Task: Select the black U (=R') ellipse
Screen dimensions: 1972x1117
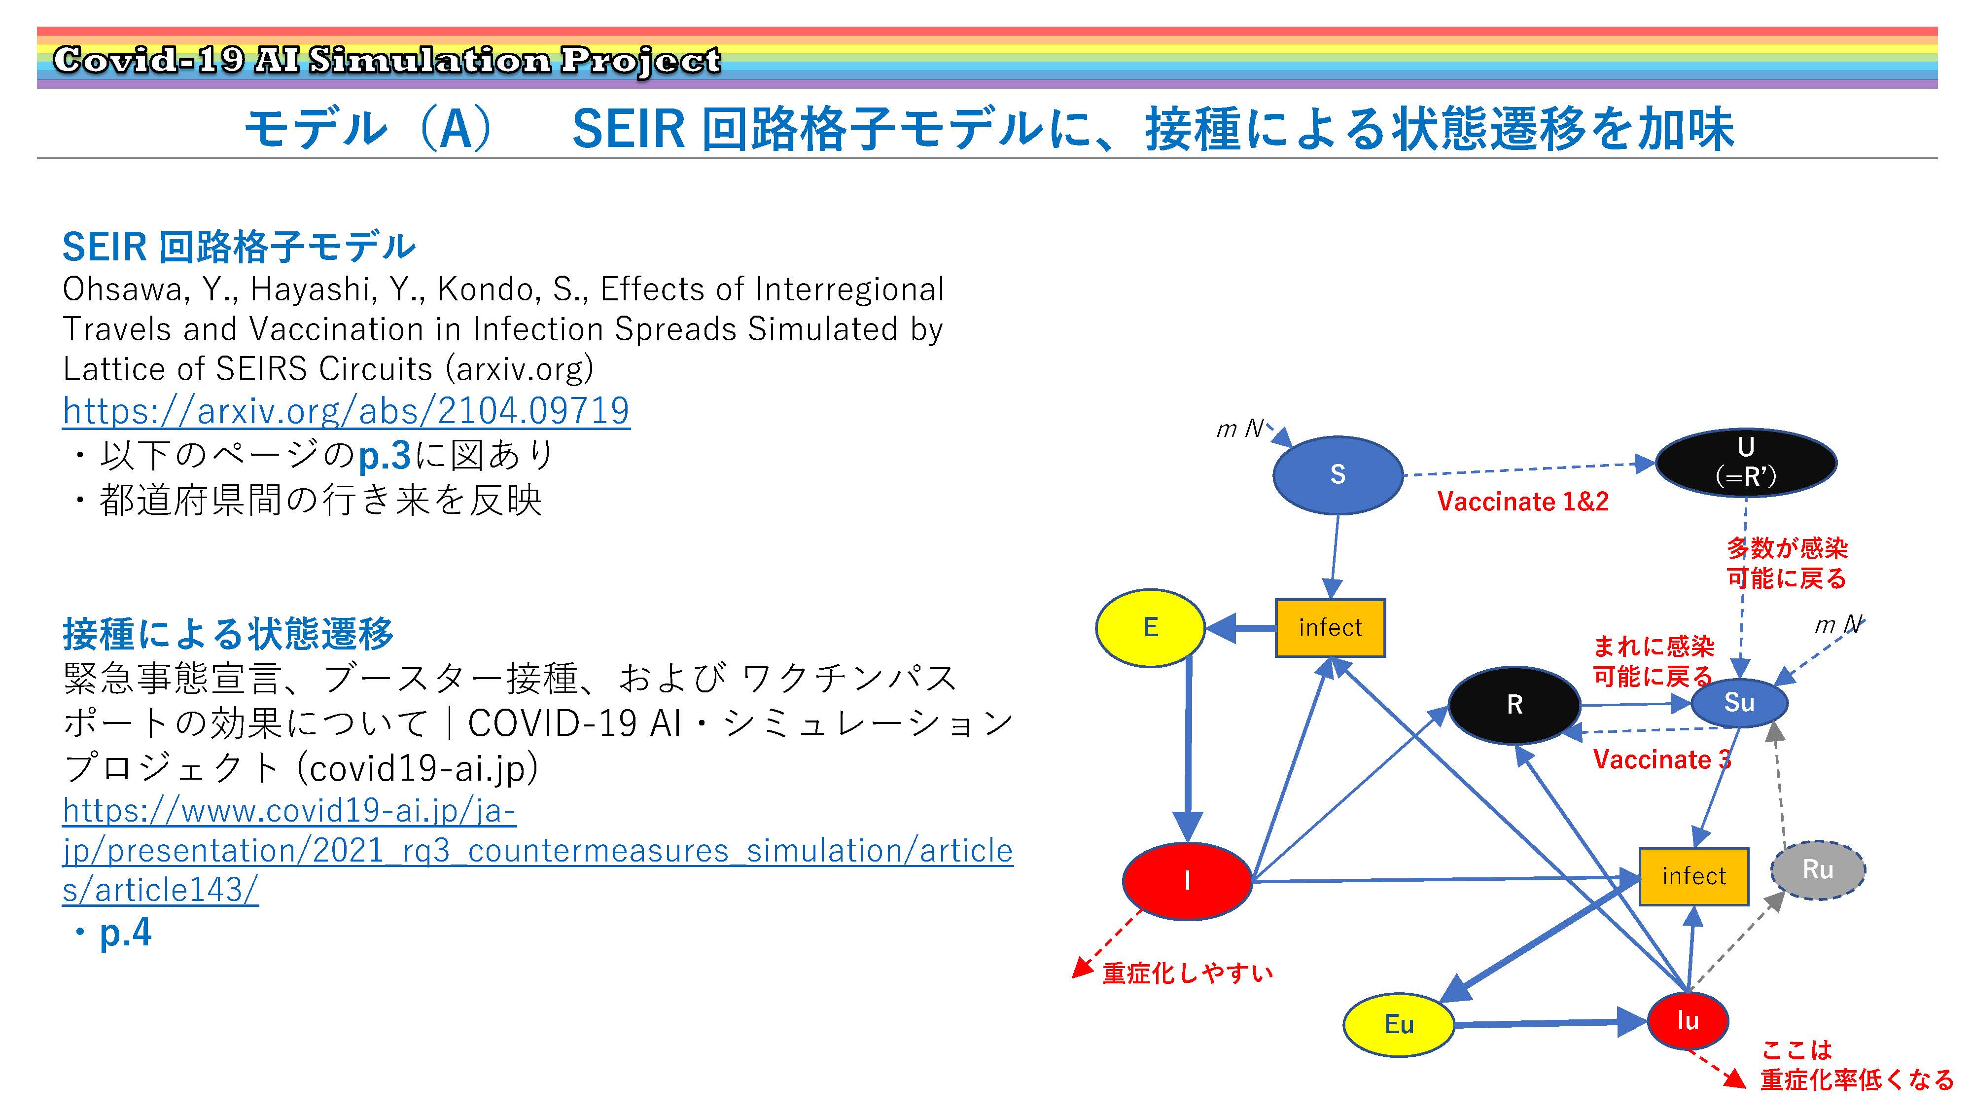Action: (1746, 463)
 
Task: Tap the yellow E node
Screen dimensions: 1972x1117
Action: (1150, 628)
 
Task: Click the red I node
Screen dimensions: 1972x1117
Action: (1187, 881)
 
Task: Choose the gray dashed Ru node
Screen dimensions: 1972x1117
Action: (1818, 870)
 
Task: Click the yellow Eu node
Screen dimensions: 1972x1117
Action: (1399, 1025)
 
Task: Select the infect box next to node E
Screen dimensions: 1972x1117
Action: (1330, 628)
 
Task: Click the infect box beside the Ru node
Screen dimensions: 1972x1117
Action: (1693, 876)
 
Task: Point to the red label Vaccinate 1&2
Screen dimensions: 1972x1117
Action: (1523, 502)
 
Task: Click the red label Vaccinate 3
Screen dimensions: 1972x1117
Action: (1661, 759)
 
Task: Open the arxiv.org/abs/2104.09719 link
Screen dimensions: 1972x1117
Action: (346, 410)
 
